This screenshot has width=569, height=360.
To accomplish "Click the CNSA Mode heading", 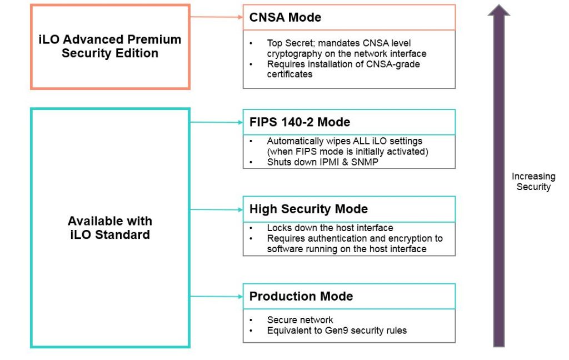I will tap(285, 17).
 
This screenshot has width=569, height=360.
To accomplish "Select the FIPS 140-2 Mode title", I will tap(300, 122).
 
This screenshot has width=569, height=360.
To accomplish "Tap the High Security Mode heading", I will tap(308, 209).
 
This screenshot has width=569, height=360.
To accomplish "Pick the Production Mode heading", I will tap(301, 297).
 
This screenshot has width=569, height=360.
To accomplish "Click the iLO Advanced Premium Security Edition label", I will tap(110, 47).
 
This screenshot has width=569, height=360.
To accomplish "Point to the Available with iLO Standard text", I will tap(109, 228).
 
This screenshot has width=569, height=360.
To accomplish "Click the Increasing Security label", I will tap(533, 182).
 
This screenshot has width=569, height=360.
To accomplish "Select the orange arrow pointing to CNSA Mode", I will tap(217, 17).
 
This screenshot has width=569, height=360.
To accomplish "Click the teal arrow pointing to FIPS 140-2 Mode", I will tap(217, 122).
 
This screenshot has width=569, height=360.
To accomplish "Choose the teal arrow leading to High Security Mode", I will tap(217, 209).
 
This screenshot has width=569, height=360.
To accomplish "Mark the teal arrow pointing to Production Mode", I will tap(217, 296).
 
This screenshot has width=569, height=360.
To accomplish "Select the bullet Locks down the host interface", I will tap(330, 228).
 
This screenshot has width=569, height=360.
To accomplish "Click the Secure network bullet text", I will tap(300, 320).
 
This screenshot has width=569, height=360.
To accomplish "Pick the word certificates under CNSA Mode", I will tap(290, 74).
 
